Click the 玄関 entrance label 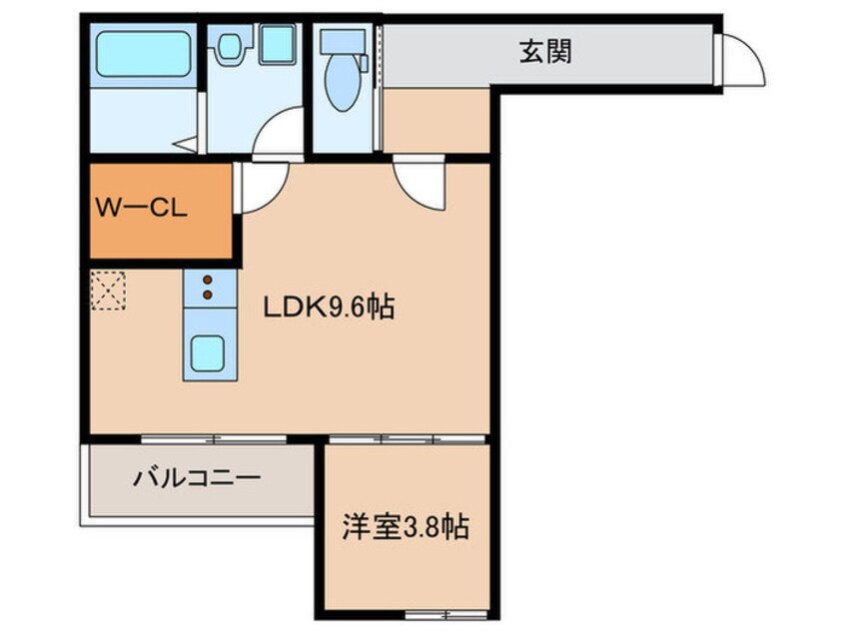(x=545, y=52)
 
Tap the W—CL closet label (x=141, y=208)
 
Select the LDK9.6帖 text (x=329, y=308)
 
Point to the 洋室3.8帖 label (x=406, y=527)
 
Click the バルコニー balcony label (x=197, y=477)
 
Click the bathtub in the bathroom (x=144, y=54)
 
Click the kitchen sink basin (x=209, y=352)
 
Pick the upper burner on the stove (x=208, y=280)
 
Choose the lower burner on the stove (x=208, y=295)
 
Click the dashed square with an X (x=108, y=291)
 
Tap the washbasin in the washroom (x=230, y=43)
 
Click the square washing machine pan (x=278, y=45)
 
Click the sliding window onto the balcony (x=214, y=439)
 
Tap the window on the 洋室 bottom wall (x=446, y=614)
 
